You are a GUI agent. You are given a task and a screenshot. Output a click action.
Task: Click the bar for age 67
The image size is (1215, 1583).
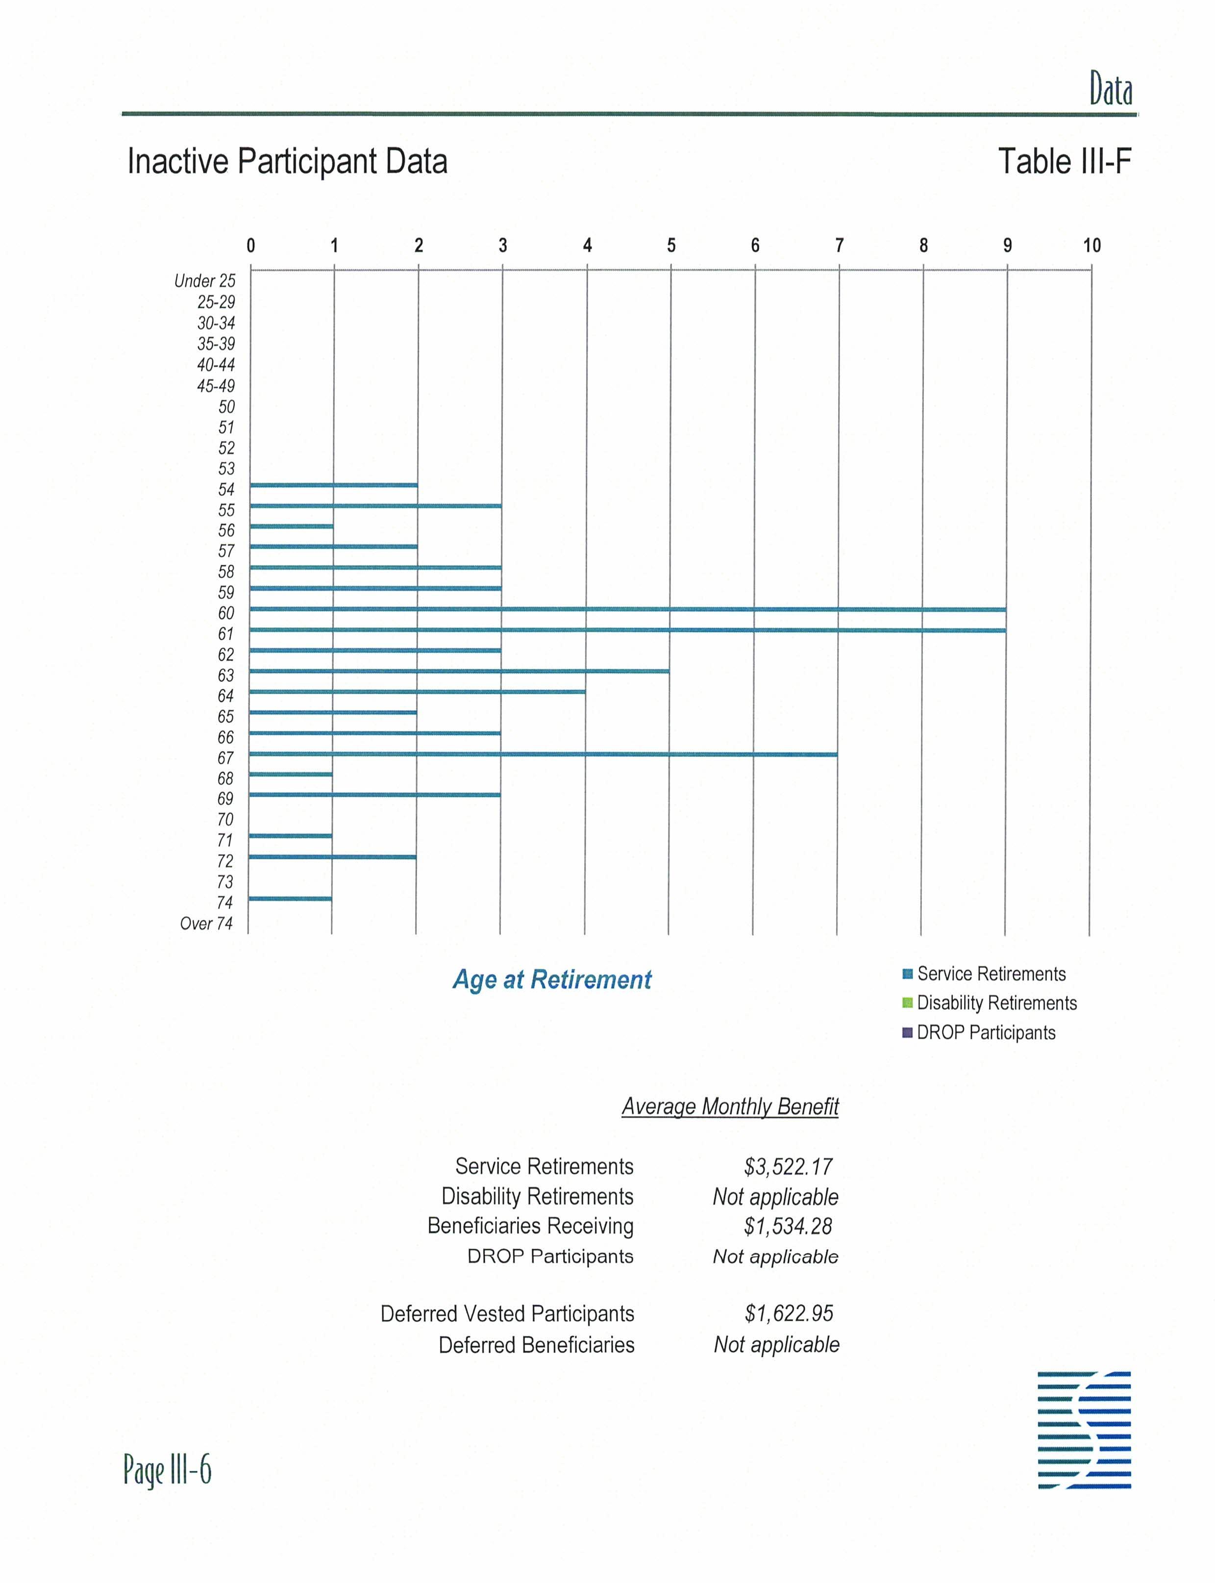(543, 754)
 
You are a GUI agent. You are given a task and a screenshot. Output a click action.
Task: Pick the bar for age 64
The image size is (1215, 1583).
(417, 692)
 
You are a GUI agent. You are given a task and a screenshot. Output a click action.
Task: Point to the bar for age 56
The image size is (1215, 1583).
(292, 526)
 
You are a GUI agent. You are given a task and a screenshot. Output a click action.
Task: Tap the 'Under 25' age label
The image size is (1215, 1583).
(205, 281)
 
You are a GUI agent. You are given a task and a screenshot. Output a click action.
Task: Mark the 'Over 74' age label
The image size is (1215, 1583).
(206, 923)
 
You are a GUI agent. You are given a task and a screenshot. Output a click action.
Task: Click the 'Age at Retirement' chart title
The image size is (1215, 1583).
(552, 980)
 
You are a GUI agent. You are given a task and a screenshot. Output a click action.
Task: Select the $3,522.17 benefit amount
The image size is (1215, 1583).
(788, 1166)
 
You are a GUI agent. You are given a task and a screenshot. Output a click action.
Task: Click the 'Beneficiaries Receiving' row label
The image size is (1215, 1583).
(530, 1226)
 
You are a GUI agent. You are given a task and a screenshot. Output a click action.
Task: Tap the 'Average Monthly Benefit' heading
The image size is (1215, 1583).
(730, 1106)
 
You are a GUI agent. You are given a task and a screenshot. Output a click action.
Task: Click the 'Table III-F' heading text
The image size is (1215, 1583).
(1064, 161)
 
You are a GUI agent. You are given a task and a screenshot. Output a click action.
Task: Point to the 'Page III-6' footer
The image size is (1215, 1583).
(167, 1469)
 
